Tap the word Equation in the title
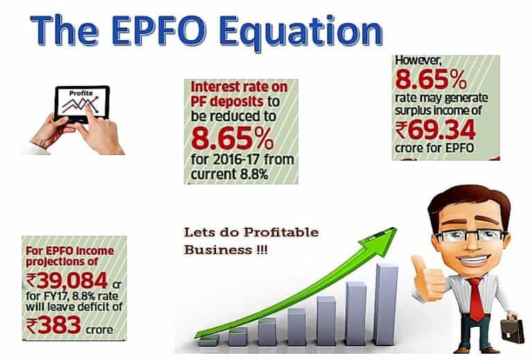301,33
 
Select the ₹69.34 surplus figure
435,131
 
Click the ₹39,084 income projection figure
66,280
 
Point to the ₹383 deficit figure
53,325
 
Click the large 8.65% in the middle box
233,138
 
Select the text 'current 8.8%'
229,174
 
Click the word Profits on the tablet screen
81,93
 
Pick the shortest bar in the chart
209,341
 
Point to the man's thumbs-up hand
427,278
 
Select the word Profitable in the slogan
281,233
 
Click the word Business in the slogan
217,250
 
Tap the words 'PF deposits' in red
227,102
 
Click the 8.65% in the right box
431,80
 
